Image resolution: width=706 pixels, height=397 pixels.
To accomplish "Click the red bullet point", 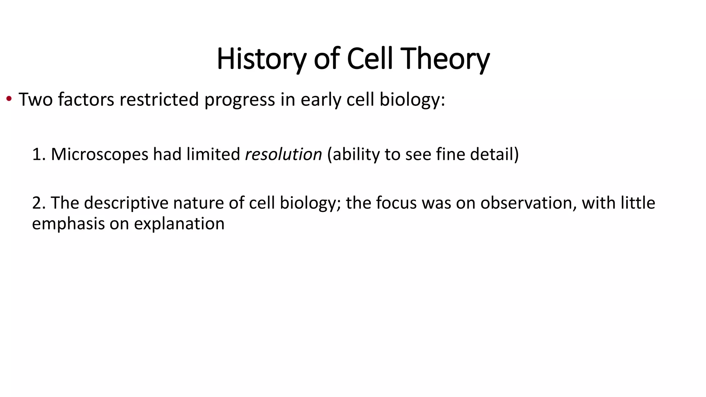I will pos(9,99).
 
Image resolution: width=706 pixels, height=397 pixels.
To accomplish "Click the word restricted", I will pos(159,100).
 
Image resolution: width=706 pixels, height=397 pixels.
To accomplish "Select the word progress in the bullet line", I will pos(240,100).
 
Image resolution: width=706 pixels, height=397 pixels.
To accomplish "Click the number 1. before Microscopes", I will pos(39,154).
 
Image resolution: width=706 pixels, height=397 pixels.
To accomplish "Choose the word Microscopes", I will pos(99,154).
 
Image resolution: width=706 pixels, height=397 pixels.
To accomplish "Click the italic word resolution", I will pos(283,154).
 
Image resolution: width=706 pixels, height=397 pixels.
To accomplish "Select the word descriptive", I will pos(126,203).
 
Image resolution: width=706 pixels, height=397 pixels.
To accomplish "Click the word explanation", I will pos(179,224).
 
